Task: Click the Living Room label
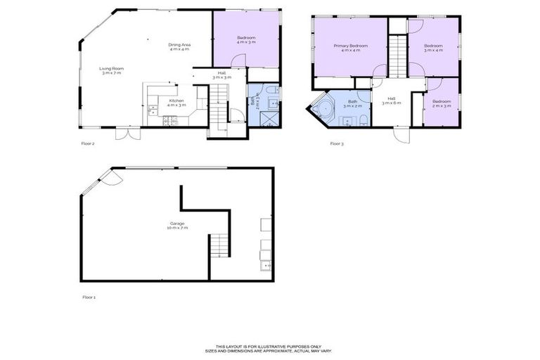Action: pos(111,71)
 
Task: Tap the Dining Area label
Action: pos(179,47)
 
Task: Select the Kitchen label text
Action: pos(176,103)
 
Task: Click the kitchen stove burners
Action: pos(169,122)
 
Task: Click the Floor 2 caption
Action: pos(88,143)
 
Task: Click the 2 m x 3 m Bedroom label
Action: pos(442,103)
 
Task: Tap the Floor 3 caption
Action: pos(337,143)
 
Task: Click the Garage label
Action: pos(176,226)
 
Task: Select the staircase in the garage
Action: pos(219,247)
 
